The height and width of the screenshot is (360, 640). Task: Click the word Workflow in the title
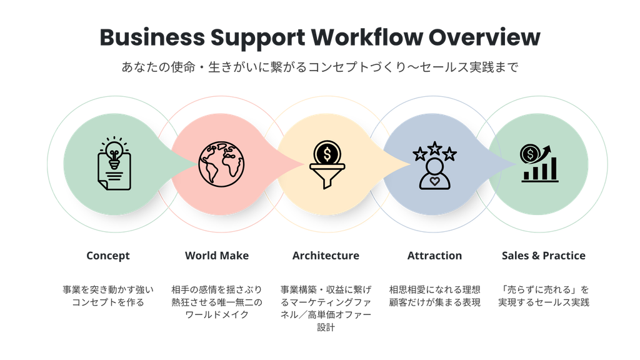[366, 37]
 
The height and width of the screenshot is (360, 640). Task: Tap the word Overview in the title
[484, 37]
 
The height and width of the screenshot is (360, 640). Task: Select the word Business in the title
[152, 37]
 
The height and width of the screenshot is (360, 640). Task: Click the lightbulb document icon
[114, 163]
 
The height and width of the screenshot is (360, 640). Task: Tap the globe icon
[221, 164]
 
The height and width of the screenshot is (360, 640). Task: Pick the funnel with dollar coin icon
[327, 164]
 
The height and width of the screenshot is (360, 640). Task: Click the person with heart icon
[435, 166]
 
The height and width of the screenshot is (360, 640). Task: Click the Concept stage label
[108, 256]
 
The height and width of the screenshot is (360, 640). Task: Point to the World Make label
[217, 256]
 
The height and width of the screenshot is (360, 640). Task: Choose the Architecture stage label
[326, 256]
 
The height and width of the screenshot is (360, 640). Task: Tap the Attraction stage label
[435, 256]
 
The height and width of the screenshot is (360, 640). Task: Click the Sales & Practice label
[544, 256]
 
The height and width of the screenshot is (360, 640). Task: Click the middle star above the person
[435, 148]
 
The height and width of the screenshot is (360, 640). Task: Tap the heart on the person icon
[435, 181]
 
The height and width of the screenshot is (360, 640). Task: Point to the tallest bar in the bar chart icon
[554, 169]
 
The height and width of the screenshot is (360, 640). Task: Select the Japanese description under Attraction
[435, 296]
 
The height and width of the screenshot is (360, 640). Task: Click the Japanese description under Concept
[108, 296]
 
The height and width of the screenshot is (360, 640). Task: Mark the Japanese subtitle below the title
[320, 67]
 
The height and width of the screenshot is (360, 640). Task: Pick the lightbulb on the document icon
[114, 152]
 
